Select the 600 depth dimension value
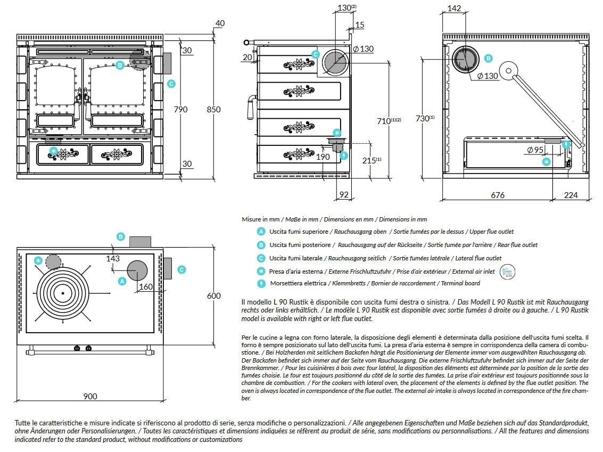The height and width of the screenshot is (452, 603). click(213, 296)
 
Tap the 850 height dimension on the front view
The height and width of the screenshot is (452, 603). click(213, 110)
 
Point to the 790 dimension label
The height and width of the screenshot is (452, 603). click(181, 110)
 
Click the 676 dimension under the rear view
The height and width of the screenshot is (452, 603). click(497, 195)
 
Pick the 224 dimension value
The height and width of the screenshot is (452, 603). click(571, 195)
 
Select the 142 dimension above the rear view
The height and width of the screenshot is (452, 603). click(454, 9)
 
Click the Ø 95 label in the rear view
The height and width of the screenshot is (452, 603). click(535, 150)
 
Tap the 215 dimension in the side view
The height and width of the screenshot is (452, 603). click(368, 160)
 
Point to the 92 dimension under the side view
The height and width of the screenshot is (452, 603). click(344, 195)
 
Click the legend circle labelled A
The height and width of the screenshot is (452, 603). click(261, 232)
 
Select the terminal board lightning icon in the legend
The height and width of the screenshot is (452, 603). click(261, 283)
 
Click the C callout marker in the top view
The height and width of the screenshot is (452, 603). click(181, 270)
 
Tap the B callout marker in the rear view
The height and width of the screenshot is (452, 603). click(489, 59)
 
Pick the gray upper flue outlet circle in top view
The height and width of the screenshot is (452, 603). click(137, 269)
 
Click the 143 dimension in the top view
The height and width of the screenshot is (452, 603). click(113, 258)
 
